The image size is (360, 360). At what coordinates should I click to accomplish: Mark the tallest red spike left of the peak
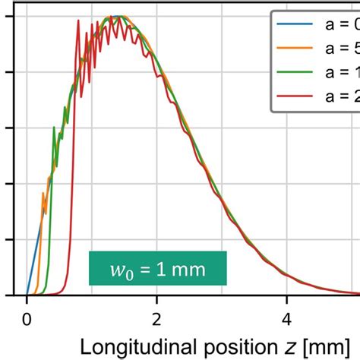point(78,21)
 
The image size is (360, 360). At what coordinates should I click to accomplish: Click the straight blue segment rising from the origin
point(33,258)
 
